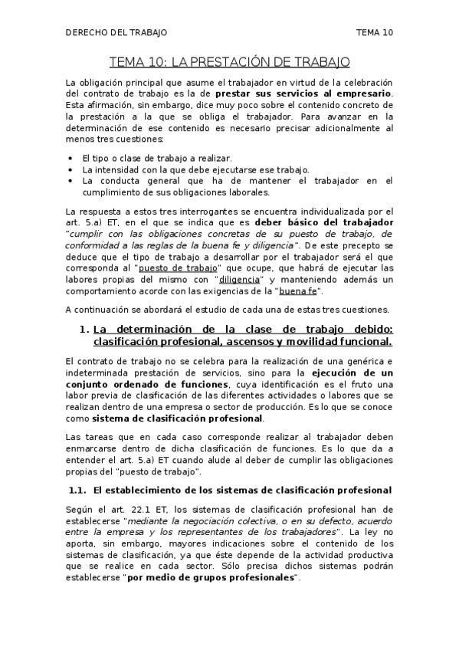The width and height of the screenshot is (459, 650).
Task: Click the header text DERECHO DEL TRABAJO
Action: click(116, 32)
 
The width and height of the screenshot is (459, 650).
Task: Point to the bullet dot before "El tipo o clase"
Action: click(70, 157)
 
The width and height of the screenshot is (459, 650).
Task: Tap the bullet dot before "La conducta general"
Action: click(70, 181)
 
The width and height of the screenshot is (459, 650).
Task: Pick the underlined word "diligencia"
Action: click(240, 280)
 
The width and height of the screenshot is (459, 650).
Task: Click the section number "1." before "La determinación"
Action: click(86, 330)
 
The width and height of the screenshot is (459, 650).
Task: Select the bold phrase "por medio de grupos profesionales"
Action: click(211, 578)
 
